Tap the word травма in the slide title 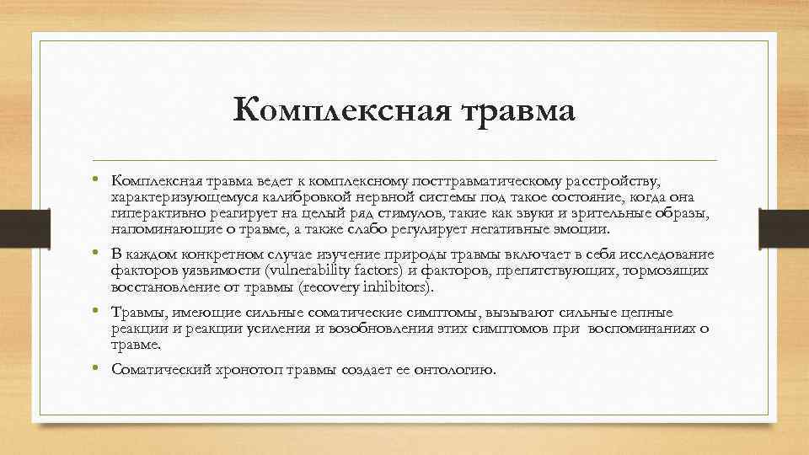tap(511, 111)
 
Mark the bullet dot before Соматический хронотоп tap(98, 368)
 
